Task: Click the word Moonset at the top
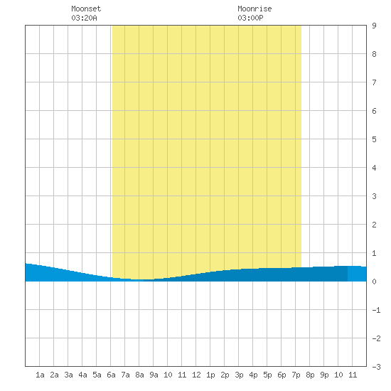coord(86,9)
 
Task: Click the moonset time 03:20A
coord(84,18)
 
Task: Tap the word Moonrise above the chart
coord(255,9)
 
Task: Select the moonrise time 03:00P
coord(250,18)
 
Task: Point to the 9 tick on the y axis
coord(374,26)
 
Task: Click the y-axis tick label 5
coord(374,139)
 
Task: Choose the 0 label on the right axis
coord(374,282)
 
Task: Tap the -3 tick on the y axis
coord(376,367)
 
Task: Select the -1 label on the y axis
coord(376,310)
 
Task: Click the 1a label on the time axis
coord(40,375)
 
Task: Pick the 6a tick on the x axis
coord(111,375)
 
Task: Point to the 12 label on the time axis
coord(196,375)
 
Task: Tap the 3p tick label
coord(239,375)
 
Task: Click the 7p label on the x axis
coord(296,375)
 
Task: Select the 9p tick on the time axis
coord(324,375)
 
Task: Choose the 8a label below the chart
coord(139,375)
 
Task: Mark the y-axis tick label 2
coord(374,225)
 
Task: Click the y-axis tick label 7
coord(374,82)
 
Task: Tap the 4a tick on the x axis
coord(82,375)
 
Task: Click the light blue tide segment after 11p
coord(357,274)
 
